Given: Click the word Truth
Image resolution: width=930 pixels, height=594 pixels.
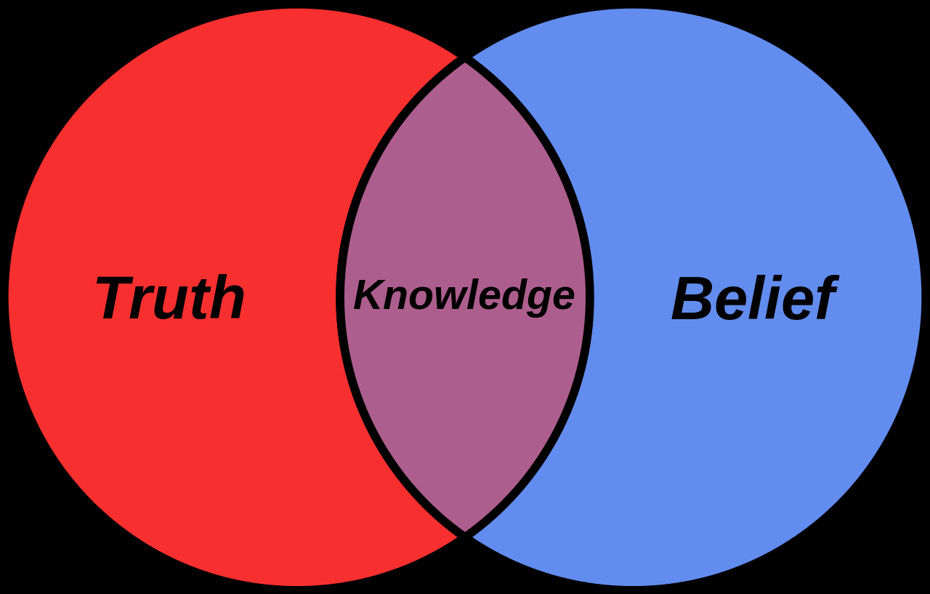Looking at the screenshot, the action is [x=170, y=297].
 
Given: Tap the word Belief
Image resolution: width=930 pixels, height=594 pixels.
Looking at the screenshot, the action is [x=755, y=297].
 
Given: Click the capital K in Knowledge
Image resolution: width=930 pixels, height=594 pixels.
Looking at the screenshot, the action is [x=370, y=294].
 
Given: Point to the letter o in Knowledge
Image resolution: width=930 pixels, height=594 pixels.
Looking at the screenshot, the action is [x=424, y=298].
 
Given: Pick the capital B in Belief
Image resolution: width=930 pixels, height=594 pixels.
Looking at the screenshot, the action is [x=693, y=297].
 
